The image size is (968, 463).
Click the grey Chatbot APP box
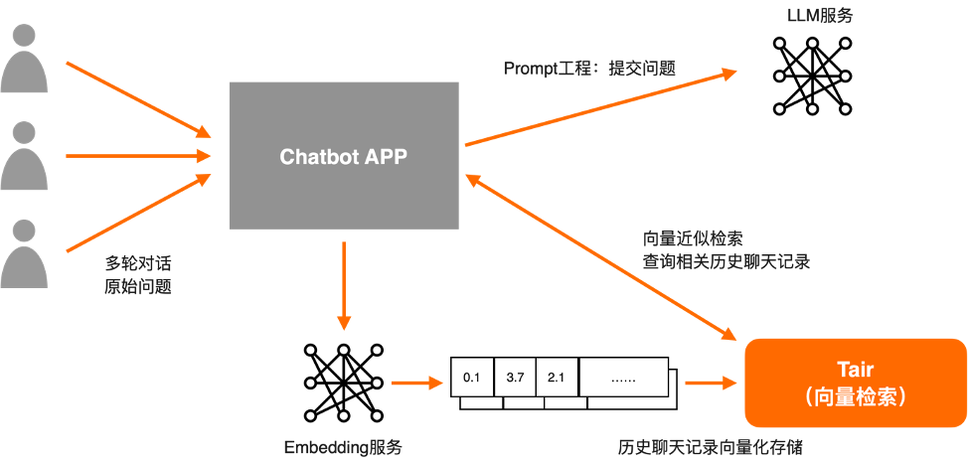point(344,156)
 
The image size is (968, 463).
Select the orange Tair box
point(855,383)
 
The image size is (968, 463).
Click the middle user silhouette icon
point(24,156)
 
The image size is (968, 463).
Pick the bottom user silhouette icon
point(24,252)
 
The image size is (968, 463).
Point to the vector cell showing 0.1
point(472,377)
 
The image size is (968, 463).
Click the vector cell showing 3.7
point(515,377)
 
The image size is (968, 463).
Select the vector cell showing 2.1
point(557,377)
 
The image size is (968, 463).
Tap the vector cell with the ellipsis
point(623,377)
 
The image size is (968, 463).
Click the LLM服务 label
point(820,16)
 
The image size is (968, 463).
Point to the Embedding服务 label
point(343,447)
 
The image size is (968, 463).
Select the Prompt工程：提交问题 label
point(589,69)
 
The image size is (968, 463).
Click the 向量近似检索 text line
point(694,239)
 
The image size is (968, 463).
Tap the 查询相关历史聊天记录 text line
point(726,262)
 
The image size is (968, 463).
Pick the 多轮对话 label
point(138,264)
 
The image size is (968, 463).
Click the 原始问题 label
point(138,286)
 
